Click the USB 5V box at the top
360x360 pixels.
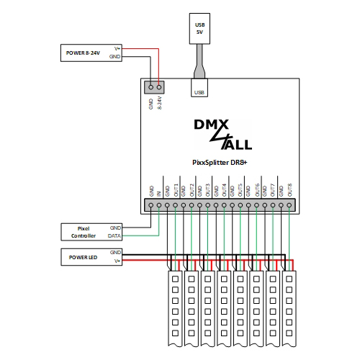click(x=199, y=29)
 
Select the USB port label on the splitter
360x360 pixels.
click(x=199, y=91)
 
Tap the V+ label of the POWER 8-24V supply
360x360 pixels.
click(x=117, y=48)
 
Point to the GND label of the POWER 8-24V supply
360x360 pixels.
click(x=116, y=56)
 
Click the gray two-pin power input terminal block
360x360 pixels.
click(x=155, y=86)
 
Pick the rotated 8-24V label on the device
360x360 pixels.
click(x=160, y=103)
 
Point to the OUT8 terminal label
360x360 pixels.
click(x=289, y=190)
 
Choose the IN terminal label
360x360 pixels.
click(x=159, y=193)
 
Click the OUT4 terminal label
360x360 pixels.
click(x=225, y=190)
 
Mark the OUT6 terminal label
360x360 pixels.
click(x=257, y=190)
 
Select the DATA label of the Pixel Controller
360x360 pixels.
click(x=114, y=235)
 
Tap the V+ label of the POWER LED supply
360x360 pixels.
click(x=116, y=261)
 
